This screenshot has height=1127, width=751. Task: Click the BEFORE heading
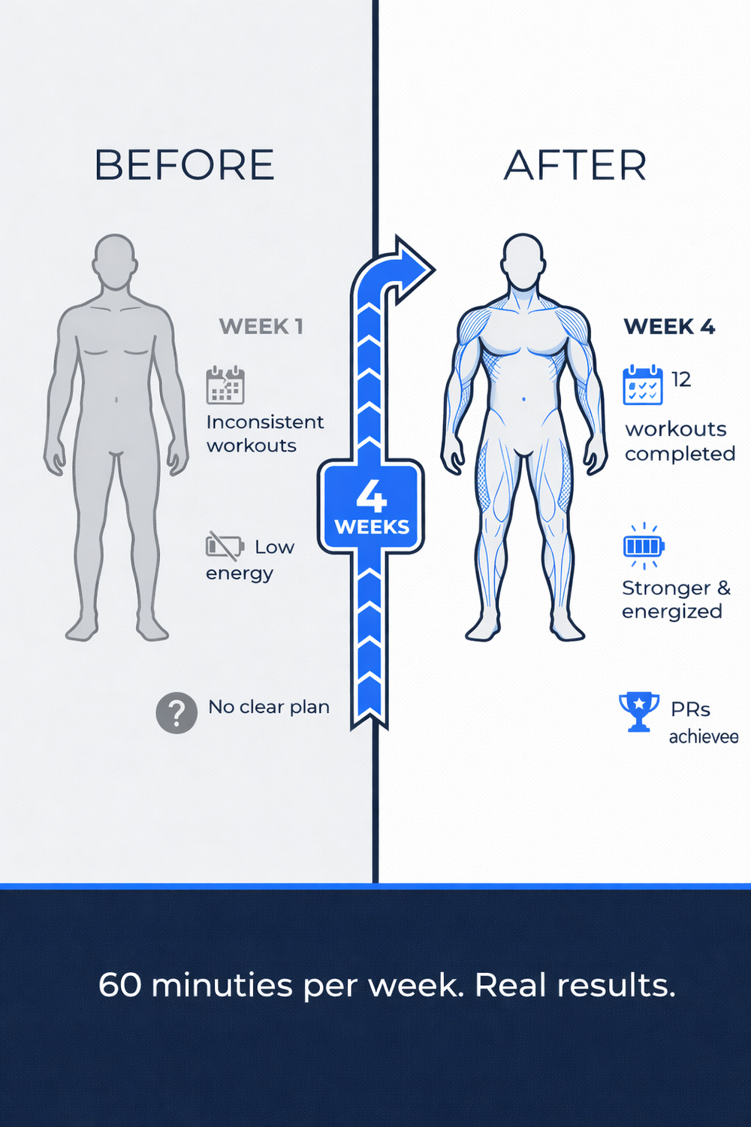(184, 165)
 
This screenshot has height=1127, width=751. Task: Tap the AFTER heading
(575, 165)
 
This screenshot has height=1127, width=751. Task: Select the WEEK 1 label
(261, 327)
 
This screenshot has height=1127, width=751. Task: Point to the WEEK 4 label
(669, 327)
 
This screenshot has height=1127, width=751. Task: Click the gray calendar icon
(225, 385)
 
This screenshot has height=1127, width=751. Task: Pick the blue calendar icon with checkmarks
(643, 385)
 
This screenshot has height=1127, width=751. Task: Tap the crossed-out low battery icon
(225, 545)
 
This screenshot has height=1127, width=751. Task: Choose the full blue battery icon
(644, 545)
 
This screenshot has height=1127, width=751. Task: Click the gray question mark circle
(176, 712)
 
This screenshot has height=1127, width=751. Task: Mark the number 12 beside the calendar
(681, 379)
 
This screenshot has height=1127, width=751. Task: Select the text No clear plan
(269, 707)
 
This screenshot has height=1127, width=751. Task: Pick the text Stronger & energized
(675, 600)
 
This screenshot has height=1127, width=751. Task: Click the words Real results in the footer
(575, 985)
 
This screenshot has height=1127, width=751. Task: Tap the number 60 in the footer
(119, 985)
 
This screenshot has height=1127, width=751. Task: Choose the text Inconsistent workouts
(264, 434)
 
